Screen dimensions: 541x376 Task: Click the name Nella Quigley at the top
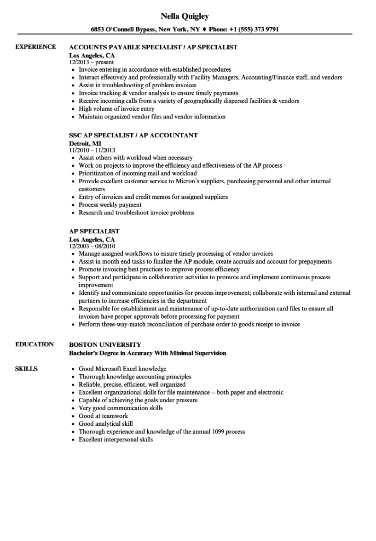[x=185, y=17]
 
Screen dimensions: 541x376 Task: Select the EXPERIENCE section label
[x=35, y=47]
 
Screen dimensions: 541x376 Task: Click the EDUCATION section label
[x=35, y=344]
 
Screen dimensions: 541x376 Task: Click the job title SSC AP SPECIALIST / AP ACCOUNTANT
[x=133, y=135]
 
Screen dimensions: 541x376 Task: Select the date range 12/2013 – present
[x=92, y=62]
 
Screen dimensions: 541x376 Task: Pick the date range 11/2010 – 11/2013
[x=92, y=150]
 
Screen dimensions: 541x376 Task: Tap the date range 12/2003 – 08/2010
[x=92, y=246]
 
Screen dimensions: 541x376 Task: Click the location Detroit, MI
[x=85, y=143]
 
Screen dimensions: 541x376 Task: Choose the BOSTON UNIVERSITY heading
[x=105, y=344]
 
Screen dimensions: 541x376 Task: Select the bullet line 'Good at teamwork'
[x=103, y=416]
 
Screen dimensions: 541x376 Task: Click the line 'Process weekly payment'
[x=110, y=205]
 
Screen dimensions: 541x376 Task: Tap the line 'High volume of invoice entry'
[x=116, y=109]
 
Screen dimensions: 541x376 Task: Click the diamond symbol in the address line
[x=205, y=29]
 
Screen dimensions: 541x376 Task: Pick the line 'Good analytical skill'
[x=105, y=424]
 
